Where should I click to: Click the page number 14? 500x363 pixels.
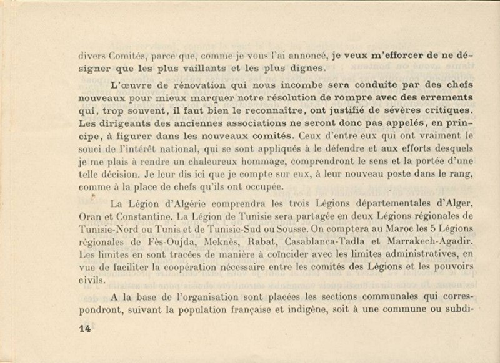(x=85, y=328)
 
